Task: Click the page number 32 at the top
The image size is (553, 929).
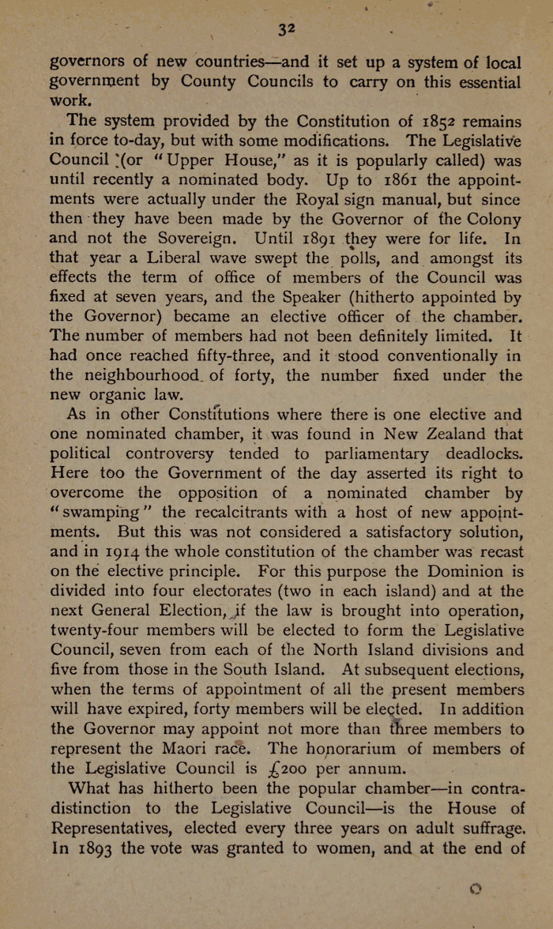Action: (285, 29)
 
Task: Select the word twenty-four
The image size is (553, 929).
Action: (100, 629)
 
